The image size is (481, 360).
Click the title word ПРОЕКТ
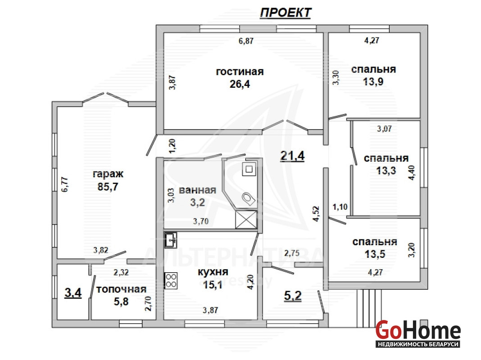286,13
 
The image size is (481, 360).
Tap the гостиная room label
240,72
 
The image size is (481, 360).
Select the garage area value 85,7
108,187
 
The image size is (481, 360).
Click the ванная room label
198,190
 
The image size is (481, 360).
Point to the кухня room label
213,272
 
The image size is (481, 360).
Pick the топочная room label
121,289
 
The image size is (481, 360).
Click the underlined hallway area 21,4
292,156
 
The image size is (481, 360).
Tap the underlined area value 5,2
293,296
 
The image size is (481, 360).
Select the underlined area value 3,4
73,293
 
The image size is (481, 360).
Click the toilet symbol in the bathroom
249,198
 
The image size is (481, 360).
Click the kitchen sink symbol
170,240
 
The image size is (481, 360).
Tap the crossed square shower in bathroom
246,219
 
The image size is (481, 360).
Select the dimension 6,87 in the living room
246,41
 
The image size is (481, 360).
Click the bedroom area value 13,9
373,82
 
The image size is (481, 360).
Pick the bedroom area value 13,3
386,171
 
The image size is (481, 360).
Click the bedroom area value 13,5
375,254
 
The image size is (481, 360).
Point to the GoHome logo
418,333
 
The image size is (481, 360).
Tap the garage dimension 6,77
65,184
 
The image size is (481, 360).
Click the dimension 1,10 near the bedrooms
340,207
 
